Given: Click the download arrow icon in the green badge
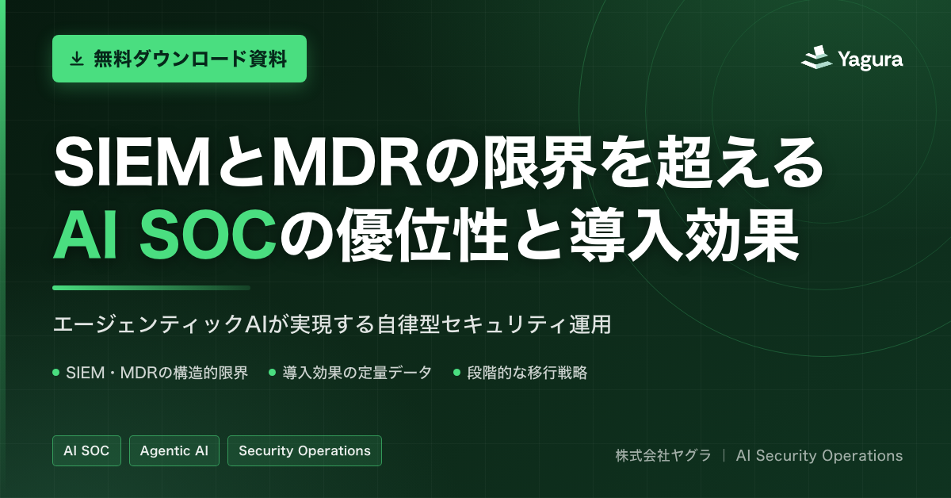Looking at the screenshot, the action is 76,59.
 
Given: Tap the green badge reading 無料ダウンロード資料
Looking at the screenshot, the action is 179,59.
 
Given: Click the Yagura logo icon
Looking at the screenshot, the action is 816,58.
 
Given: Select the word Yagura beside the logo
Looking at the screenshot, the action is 870,59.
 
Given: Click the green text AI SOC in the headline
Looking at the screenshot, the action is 165,234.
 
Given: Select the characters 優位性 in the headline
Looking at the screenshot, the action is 423,234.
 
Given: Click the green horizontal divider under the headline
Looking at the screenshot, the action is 151,288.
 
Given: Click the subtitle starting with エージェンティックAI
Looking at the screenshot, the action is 331,324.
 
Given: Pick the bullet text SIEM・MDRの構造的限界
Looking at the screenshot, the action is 157,373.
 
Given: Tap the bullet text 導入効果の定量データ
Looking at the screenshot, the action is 357,373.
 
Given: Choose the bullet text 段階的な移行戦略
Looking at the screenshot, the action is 527,373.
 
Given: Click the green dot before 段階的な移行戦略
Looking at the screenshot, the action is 456,373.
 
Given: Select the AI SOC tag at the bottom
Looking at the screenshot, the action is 86,451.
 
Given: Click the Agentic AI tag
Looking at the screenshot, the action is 174,451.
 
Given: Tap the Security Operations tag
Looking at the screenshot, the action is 304,451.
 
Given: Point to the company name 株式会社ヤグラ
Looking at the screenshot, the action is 663,455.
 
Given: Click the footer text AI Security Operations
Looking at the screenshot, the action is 819,455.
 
